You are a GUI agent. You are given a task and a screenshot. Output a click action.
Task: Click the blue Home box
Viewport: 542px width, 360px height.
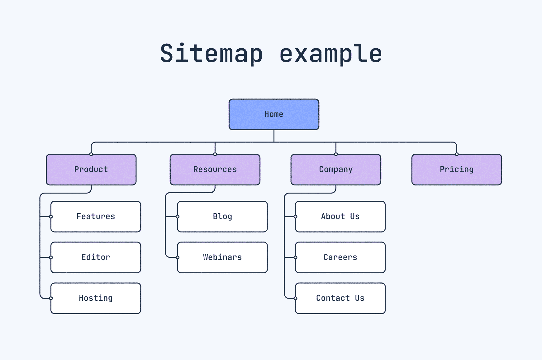(x=274, y=114)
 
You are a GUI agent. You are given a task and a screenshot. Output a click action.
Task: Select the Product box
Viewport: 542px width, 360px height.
(x=91, y=170)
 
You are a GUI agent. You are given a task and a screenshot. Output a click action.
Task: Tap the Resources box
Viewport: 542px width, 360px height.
(x=215, y=170)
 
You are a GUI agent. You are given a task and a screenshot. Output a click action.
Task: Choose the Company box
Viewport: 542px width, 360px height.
(x=336, y=170)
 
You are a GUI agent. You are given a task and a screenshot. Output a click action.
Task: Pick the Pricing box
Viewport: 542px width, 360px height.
(x=457, y=170)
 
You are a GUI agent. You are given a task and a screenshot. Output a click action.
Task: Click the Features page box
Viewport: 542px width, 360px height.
(x=96, y=217)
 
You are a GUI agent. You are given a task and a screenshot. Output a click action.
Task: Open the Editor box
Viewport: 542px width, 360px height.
(x=96, y=257)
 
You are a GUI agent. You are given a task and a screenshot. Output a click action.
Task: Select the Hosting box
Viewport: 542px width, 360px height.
(x=96, y=298)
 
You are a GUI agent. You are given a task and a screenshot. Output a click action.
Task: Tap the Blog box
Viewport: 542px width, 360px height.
(x=222, y=217)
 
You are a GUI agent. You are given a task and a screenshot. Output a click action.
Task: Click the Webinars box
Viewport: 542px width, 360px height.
(x=222, y=257)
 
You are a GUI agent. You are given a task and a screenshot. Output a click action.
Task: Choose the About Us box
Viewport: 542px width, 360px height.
(x=340, y=217)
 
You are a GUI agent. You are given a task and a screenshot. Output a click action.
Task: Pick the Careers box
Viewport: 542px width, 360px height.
(x=340, y=257)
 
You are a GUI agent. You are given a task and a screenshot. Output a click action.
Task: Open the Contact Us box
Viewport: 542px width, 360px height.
(x=340, y=298)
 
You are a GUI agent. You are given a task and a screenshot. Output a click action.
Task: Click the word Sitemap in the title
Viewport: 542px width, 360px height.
(x=211, y=54)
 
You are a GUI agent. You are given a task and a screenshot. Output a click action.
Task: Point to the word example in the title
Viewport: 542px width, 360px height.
(x=330, y=54)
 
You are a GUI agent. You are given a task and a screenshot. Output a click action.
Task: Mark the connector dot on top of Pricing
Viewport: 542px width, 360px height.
(x=457, y=154)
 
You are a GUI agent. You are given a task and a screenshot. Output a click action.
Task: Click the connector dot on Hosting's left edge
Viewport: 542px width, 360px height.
(x=51, y=298)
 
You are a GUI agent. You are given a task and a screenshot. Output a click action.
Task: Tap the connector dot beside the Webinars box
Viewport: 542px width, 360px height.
(x=178, y=257)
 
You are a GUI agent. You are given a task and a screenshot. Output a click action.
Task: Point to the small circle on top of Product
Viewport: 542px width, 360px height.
(x=91, y=154)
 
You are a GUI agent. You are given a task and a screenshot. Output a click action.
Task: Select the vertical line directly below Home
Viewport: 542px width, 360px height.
(x=274, y=136)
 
